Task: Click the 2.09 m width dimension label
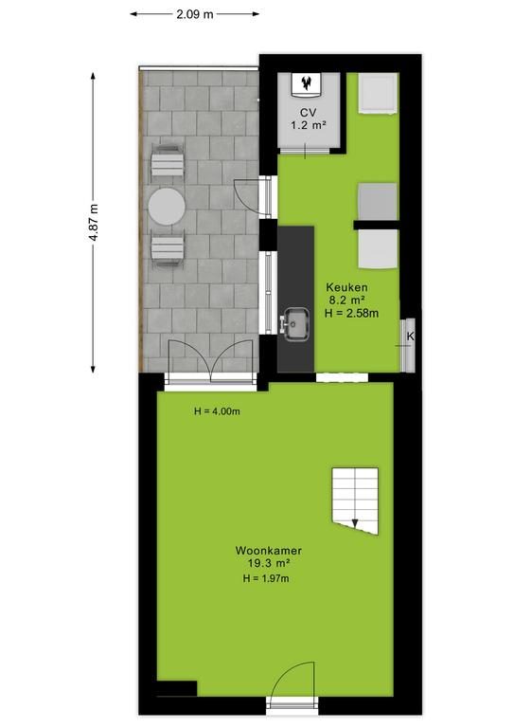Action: coord(195,14)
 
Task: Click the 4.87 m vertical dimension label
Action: coord(94,222)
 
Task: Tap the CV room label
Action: coord(309,113)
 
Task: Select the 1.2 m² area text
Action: coord(309,125)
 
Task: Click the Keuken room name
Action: coord(346,287)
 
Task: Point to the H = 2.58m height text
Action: coord(351,314)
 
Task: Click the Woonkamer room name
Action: coord(268,551)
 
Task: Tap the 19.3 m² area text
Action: coord(268,564)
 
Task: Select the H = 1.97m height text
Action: coord(266,578)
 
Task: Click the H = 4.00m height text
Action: coord(217,411)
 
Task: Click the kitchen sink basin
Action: coord(297,324)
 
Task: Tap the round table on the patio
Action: coord(167,206)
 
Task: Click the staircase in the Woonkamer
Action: coord(355,500)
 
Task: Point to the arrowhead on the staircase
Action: coord(355,523)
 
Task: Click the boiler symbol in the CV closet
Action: coord(307,83)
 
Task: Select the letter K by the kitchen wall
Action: coord(410,337)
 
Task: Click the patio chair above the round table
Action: coord(167,162)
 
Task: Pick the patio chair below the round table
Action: coord(168,250)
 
